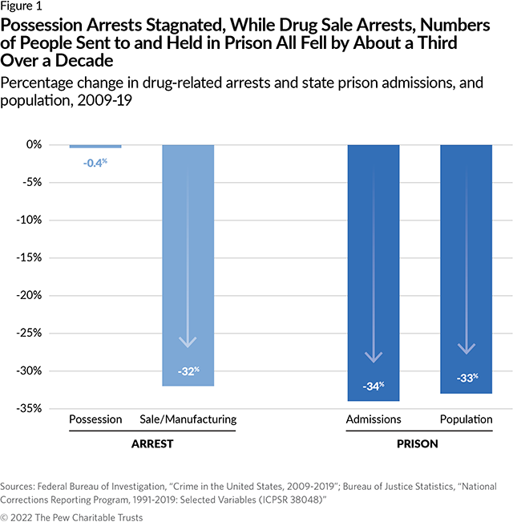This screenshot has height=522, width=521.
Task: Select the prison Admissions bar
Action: point(373,273)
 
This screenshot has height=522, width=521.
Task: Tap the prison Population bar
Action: point(466,269)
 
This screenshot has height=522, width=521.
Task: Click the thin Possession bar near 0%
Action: point(95,146)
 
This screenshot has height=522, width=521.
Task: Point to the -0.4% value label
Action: point(95,163)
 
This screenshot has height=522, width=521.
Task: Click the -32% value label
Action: point(188,371)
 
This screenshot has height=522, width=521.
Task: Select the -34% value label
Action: point(373,386)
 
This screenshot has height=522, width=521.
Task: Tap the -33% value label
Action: point(466,378)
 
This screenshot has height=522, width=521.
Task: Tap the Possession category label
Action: point(95,419)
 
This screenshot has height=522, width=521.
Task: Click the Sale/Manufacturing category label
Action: point(188,419)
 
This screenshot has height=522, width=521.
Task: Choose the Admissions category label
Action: point(373,419)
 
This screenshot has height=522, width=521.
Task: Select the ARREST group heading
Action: point(141,443)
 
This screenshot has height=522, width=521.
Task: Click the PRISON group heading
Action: point(419,443)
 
